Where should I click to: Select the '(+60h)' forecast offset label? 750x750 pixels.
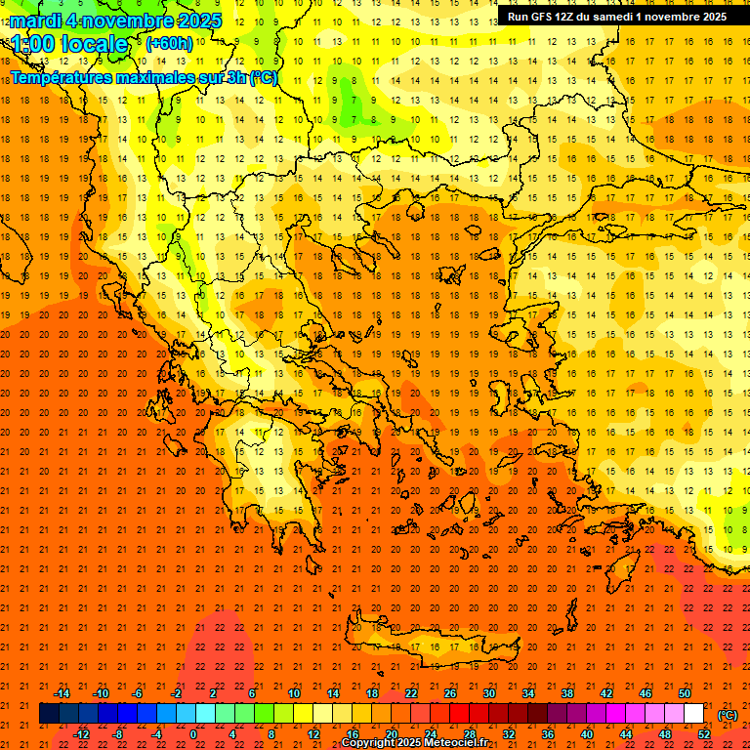click(169, 43)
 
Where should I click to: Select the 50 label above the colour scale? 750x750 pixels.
click(685, 693)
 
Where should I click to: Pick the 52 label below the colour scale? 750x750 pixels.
click(704, 734)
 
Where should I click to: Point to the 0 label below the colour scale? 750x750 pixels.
click(193, 734)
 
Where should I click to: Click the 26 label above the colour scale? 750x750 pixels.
click(450, 693)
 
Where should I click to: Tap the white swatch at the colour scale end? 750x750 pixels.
click(694, 714)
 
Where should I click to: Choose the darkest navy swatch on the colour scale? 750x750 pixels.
click(49, 714)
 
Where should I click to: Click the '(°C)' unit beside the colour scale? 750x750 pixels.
click(728, 714)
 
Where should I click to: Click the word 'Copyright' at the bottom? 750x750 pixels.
click(369, 743)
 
